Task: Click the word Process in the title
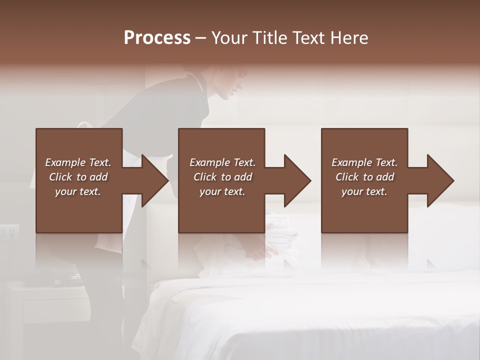coord(157,38)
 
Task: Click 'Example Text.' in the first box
coord(78,162)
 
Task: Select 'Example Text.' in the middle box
coord(222,162)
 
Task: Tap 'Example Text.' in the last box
coord(364,162)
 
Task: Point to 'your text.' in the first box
coord(78,191)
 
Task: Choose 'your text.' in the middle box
coord(222,191)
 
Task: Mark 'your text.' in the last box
coord(364,191)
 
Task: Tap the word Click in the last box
coord(347,177)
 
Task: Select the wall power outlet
coord(9,231)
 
